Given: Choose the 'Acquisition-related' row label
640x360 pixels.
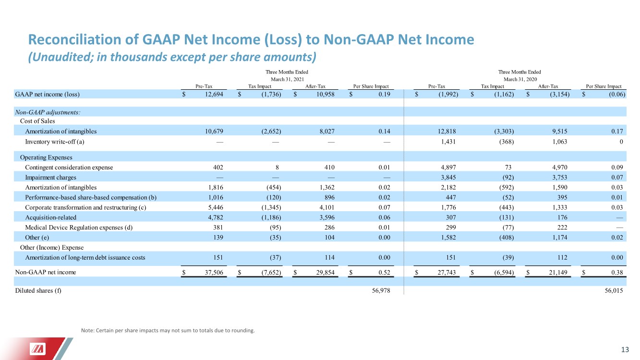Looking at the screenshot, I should pyautogui.click(x=49, y=216).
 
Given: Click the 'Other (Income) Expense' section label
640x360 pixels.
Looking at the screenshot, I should pyautogui.click(x=52, y=247).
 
